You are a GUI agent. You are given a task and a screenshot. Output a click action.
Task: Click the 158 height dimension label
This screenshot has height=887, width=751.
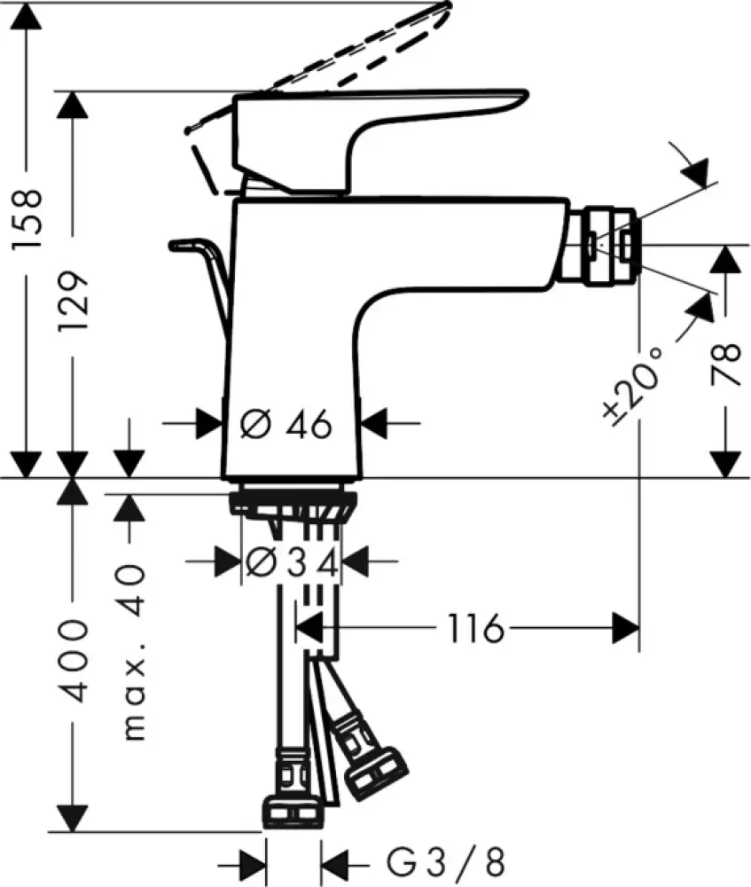pyautogui.click(x=29, y=218)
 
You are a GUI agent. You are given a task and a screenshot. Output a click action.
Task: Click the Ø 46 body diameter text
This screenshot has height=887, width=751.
pyautogui.click(x=286, y=426)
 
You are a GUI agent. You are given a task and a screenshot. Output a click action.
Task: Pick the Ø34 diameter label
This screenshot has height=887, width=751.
pyautogui.click(x=291, y=561)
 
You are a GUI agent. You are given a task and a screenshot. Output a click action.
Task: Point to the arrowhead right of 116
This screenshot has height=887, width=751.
pyautogui.click(x=626, y=630)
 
